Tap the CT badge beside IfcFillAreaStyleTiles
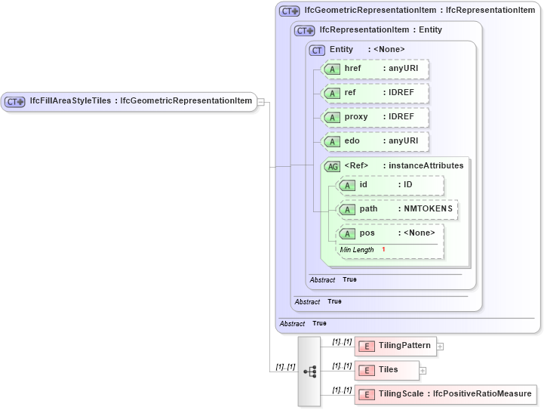point(15,101)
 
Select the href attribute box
point(375,69)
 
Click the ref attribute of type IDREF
point(375,93)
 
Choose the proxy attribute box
point(375,117)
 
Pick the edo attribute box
point(375,141)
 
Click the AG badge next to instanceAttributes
point(332,166)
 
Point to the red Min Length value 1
point(383,250)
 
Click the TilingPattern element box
point(395,346)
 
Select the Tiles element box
point(386,370)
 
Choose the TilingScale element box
point(445,394)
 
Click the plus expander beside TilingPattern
point(440,347)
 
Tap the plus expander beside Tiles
point(423,371)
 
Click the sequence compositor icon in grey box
point(309,371)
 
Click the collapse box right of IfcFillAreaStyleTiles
point(260,101)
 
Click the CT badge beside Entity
point(317,50)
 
